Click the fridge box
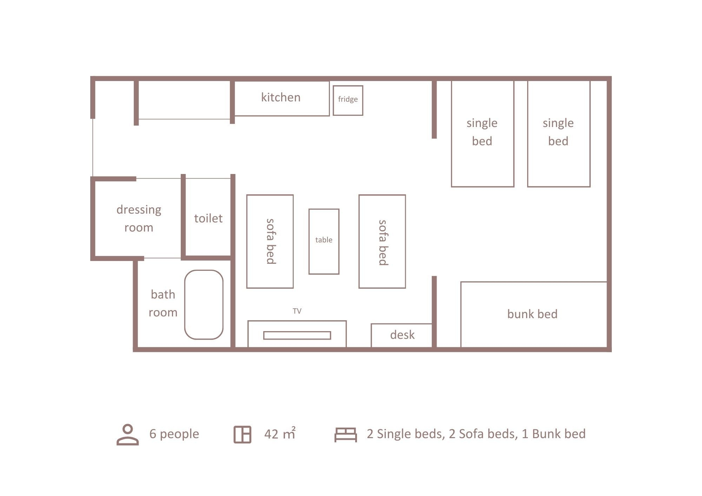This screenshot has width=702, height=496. pos(348,100)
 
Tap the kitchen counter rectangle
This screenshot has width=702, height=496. pos(282,98)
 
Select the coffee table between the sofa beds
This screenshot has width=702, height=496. pos(324,241)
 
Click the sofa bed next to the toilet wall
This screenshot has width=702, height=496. pos(270,241)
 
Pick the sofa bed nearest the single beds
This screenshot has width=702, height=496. pos(382,241)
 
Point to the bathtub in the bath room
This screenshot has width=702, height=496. pos(204,304)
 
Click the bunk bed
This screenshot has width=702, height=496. pos(534,314)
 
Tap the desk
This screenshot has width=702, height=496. pos(402,335)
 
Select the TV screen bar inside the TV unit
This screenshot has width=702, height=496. pos(297,335)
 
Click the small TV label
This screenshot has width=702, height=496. pos(297,311)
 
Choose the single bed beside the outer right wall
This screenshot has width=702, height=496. pos(559,134)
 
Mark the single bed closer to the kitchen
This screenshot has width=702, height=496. pos(483,134)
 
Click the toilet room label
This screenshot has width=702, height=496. pos(208,218)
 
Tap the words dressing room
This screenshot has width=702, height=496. pos(139,218)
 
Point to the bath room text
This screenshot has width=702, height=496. pos(163,303)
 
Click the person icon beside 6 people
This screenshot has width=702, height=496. pos(128,435)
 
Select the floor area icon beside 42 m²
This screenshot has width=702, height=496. pos(243,435)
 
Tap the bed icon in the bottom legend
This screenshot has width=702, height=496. pos(346,435)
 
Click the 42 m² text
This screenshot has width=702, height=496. pos(280,434)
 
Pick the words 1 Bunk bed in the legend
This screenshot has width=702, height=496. pos(554,434)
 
